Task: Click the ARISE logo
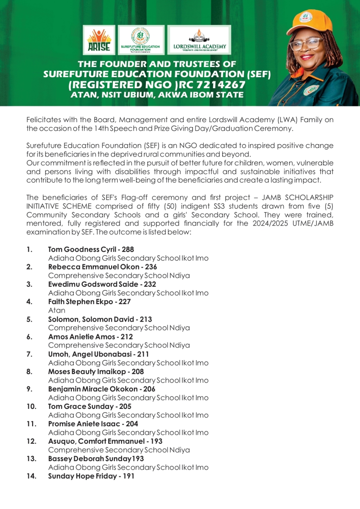pos(99,40)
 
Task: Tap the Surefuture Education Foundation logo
pos(141,40)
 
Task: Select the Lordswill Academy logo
pos(199,40)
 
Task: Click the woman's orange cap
pos(307,21)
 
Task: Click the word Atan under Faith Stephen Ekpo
pos(56,310)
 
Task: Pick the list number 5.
pos(29,319)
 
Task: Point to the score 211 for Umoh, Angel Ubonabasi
pos(143,354)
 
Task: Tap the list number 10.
pos(31,406)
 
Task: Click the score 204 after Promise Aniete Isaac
pos(132,424)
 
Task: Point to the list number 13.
pos(31,459)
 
